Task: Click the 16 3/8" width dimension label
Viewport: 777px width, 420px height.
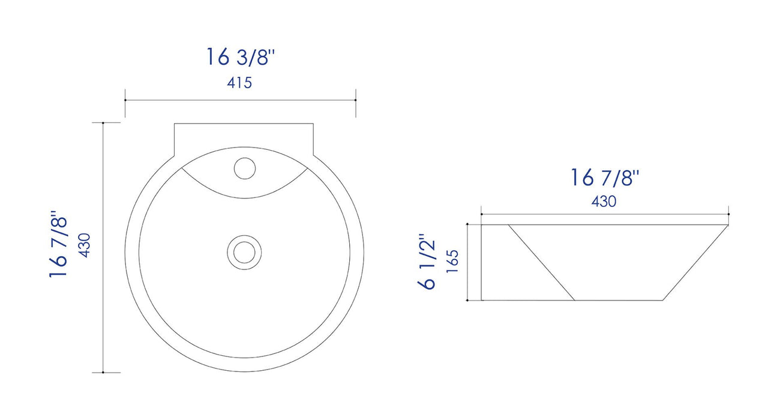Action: point(241,57)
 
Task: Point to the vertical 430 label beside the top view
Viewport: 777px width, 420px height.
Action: point(85,245)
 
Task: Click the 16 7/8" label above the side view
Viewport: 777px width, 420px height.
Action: point(605,178)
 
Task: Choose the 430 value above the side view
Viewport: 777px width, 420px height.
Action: point(604,202)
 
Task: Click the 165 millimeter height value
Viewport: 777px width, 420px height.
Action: point(452,262)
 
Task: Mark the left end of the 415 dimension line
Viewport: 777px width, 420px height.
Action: point(125,100)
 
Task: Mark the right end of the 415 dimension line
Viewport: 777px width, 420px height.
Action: point(356,100)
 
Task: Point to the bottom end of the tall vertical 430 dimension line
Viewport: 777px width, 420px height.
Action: point(104,372)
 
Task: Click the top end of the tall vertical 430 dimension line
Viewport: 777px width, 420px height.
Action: point(104,123)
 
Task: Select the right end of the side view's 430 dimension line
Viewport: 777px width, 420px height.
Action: point(728,214)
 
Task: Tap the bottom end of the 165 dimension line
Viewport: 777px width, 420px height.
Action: point(467,300)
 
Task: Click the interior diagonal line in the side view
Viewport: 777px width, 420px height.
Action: point(542,262)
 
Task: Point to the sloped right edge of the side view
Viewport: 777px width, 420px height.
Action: point(696,262)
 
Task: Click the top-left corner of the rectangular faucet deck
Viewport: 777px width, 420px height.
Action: point(175,124)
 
